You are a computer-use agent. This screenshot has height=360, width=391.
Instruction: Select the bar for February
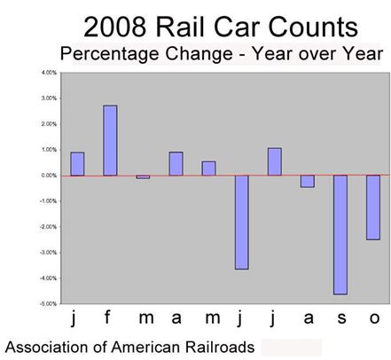[110, 140]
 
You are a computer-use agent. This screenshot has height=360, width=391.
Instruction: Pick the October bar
[373, 207]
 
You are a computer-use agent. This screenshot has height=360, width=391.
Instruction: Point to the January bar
[77, 164]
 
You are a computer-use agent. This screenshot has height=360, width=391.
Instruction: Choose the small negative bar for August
[308, 181]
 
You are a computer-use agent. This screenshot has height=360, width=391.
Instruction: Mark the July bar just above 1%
[275, 161]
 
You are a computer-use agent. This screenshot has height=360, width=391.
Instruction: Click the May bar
[209, 168]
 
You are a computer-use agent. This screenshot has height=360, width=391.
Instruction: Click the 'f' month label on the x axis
[110, 318]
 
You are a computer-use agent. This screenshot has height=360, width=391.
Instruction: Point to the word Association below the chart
[49, 346]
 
